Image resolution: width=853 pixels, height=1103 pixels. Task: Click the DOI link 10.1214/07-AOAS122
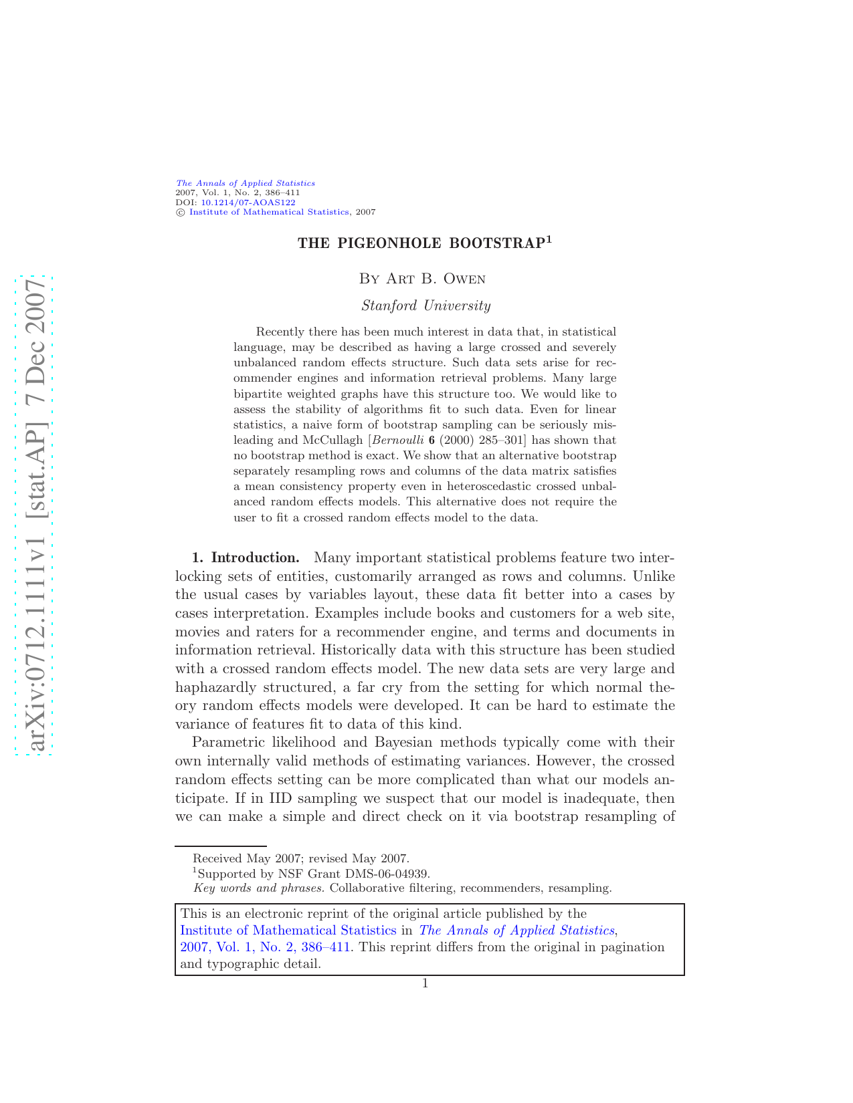click(248, 202)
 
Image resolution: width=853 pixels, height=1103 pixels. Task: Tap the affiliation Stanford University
click(426, 306)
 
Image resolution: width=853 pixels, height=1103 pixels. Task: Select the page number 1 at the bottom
click(425, 983)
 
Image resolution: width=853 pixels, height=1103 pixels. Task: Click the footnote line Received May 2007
click(301, 859)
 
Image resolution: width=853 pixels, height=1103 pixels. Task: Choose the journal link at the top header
click(245, 183)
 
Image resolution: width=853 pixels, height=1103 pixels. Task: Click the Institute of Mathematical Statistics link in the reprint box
click(288, 931)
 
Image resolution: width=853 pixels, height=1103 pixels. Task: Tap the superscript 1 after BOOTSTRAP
click(549, 239)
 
